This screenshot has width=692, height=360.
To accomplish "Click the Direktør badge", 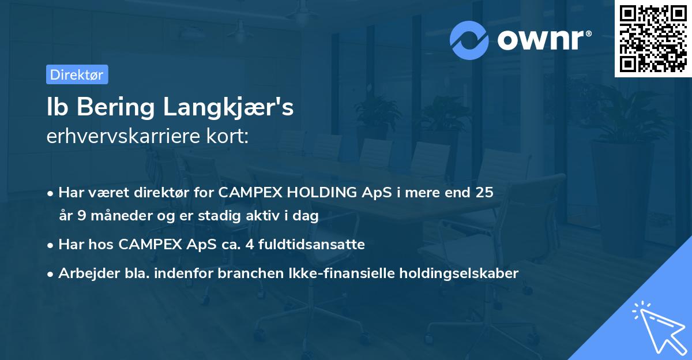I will (x=77, y=74).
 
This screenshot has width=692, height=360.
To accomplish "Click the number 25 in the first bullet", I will (x=484, y=193).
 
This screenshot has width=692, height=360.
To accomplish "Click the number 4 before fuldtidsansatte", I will (x=249, y=245).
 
